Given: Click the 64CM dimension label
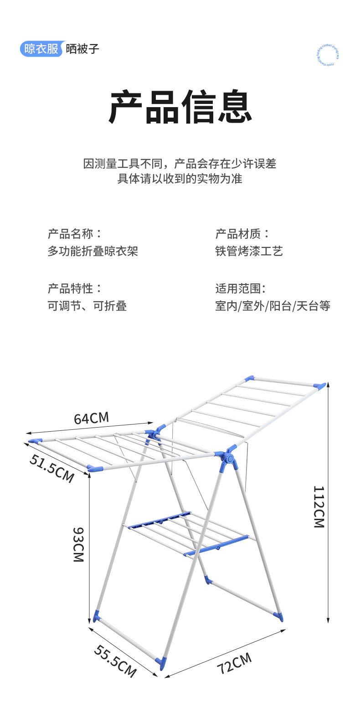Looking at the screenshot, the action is pos(92,418).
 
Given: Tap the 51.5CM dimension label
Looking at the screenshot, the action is pos(51,468).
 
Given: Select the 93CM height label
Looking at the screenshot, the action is pos(79,544).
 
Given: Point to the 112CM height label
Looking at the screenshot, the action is pos(319,506).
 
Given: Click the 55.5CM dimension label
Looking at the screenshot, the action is pos(115,661).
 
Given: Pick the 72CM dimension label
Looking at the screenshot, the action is pos(234,663).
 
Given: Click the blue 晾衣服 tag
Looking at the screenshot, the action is pos(41,49).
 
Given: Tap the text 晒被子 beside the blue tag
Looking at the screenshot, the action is pos(82,49).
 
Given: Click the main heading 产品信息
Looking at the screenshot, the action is pos(180,108).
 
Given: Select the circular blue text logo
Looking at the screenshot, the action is pos(328,55).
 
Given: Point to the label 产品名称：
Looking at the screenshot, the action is pos(75,234).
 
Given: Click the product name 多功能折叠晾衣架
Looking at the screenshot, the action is pos(93,251).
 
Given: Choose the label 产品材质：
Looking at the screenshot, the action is pos(242,234).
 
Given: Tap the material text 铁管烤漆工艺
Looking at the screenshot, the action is pos(249,251).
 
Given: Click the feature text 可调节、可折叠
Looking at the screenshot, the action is pos(87,306).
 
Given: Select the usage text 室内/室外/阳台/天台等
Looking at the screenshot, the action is pos(273,306).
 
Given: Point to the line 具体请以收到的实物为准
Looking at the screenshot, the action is pos(180,179).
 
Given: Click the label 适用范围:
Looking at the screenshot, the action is pos(241,289).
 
